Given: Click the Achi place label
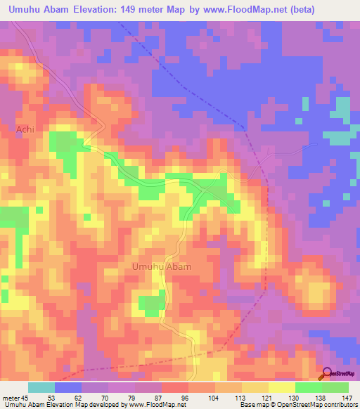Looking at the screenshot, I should tap(25, 130).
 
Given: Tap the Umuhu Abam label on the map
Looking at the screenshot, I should tap(161, 267).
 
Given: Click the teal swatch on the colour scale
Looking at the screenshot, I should tap(41, 387).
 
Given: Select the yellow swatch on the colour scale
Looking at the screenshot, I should tap(282, 387).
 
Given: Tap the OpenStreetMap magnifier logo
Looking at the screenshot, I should tap(327, 374).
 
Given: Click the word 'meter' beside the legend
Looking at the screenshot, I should tap(10, 398).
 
